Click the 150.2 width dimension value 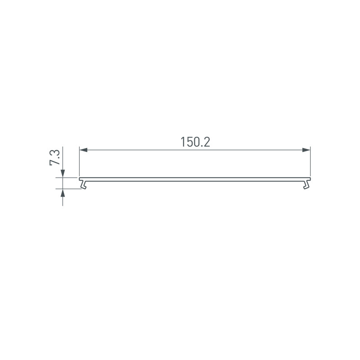click(195, 142)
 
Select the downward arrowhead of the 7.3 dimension click(63, 173)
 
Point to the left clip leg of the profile click(82, 184)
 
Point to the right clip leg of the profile click(307, 184)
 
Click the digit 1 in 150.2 click(183, 142)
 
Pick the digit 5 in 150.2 click(189, 142)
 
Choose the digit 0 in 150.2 click(196, 142)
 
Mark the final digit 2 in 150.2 click(207, 142)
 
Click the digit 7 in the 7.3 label click(55, 162)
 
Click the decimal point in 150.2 click(201, 146)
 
